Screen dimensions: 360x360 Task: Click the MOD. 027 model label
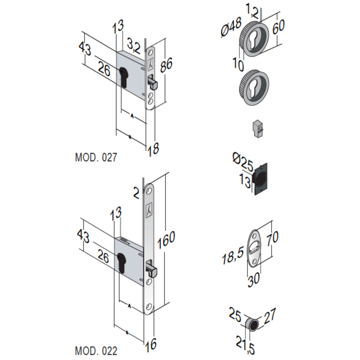[x=96, y=157]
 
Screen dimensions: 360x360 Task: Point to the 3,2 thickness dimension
[x=134, y=45]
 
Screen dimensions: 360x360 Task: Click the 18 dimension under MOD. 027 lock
[x=153, y=149]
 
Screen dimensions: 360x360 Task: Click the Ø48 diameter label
[x=231, y=28]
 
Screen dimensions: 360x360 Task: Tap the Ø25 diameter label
[x=242, y=161]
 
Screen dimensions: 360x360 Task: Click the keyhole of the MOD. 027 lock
[x=124, y=76]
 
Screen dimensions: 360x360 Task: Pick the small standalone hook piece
[x=257, y=128]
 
